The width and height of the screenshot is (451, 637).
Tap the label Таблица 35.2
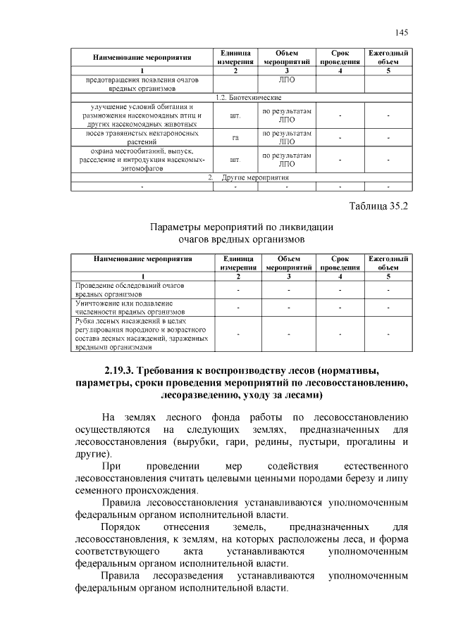point(379,206)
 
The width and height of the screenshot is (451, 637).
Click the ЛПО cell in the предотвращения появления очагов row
point(287,80)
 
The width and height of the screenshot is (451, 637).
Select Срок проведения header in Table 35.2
point(340,263)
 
